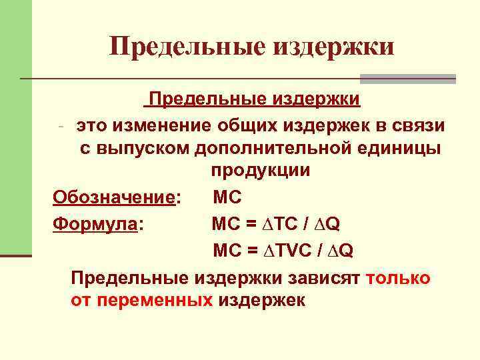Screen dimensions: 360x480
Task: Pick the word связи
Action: point(418,125)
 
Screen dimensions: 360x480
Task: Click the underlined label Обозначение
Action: point(113,198)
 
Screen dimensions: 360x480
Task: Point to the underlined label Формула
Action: point(94,224)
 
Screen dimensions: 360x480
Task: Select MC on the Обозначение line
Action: point(228,198)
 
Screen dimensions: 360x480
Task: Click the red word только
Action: point(398,277)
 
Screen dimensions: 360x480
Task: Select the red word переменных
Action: point(155,301)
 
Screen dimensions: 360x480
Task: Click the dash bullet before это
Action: point(60,126)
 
